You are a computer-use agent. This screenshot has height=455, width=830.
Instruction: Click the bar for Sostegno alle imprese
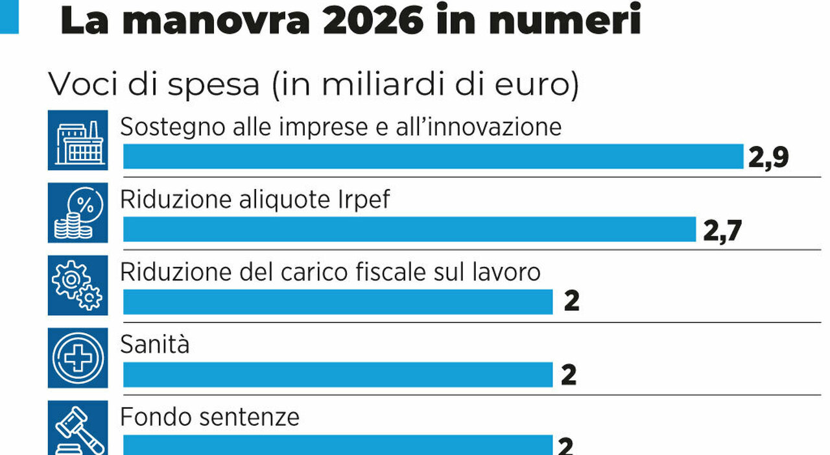433,156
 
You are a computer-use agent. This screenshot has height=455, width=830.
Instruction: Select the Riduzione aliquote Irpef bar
409,229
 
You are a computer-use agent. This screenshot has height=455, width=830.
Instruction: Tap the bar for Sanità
338,375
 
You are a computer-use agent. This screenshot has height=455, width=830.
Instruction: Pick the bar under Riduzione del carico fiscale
338,302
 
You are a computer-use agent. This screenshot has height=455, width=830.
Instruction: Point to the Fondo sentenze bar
338,445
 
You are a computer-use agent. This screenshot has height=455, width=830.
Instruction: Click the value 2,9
768,157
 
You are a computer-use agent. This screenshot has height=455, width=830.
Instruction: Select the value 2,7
721,230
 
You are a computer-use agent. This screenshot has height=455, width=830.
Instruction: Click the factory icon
77,141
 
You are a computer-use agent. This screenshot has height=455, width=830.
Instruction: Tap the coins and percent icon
77,214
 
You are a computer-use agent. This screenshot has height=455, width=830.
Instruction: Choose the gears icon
77,286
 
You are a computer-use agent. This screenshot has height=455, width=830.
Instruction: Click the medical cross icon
77,358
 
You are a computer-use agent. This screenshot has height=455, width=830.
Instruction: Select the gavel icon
77,428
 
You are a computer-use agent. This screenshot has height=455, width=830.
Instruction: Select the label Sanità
155,343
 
